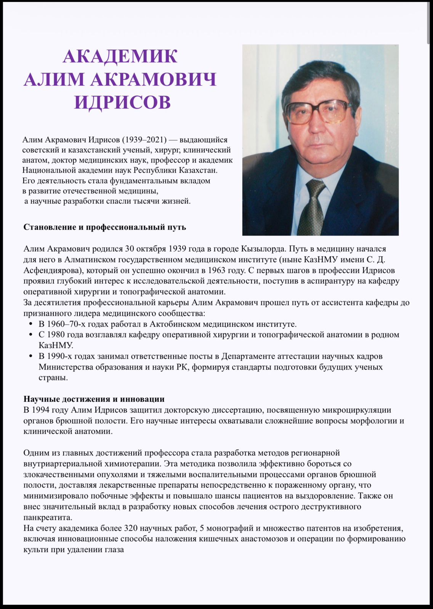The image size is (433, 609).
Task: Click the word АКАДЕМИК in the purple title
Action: point(120,56)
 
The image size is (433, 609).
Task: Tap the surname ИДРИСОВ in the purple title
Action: point(122,102)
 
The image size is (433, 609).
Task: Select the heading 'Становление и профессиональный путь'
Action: point(105,227)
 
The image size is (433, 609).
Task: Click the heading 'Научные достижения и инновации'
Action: point(94,399)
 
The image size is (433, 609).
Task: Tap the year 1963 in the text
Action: point(217,271)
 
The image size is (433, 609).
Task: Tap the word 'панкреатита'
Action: point(48,518)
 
